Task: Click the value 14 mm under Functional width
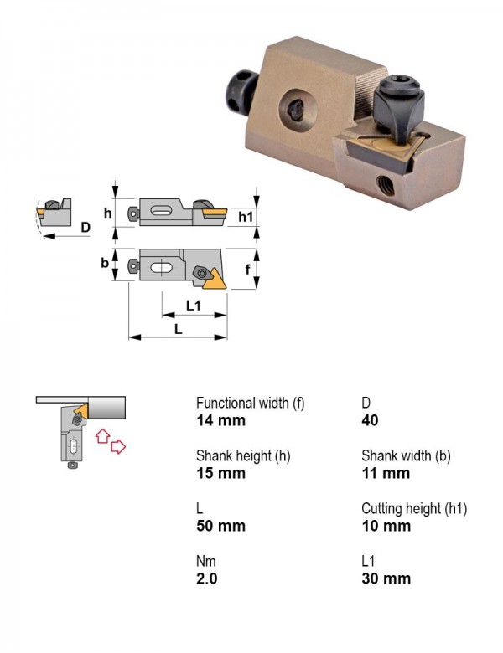tap(220, 420)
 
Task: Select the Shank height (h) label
tap(243, 455)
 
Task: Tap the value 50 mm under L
tap(220, 526)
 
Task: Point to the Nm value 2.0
tap(207, 578)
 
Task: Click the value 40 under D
tap(370, 420)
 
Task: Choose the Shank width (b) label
tap(407, 455)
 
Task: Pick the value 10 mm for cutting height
tap(386, 526)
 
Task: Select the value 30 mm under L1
tap(386, 578)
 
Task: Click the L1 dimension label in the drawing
tap(194, 306)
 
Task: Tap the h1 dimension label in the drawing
tap(246, 217)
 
